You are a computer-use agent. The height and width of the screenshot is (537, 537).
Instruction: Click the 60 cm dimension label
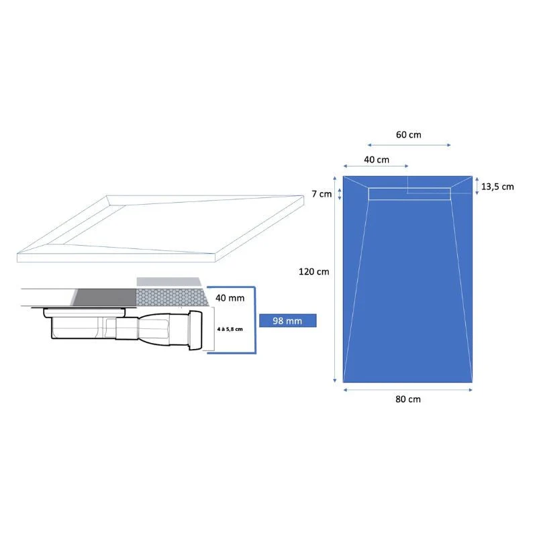409,135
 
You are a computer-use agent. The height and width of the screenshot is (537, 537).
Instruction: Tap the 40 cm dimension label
377,160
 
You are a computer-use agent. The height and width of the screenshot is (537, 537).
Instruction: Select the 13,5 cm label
497,187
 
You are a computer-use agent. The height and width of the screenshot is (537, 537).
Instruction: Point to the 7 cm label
322,194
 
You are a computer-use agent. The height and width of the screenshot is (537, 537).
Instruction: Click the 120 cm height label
313,272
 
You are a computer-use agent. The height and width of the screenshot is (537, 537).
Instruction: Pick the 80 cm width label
408,399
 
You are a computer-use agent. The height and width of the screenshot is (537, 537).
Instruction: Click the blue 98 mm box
288,321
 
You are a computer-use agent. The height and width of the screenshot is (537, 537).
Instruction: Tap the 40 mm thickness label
230,298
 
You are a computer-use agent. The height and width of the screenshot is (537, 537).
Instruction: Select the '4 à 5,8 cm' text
230,329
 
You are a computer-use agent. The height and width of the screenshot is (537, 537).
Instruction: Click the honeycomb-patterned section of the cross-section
173,297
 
